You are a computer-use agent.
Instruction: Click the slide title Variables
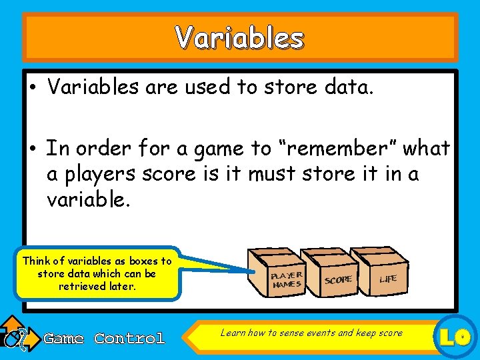[239, 39]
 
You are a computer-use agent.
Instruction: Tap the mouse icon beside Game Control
[15, 337]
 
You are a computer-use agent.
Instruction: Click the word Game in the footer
[63, 339]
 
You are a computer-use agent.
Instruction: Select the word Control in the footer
[129, 339]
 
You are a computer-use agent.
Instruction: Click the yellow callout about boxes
[97, 273]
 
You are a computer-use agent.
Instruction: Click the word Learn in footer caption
[233, 333]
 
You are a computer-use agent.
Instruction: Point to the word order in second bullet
[97, 148]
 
